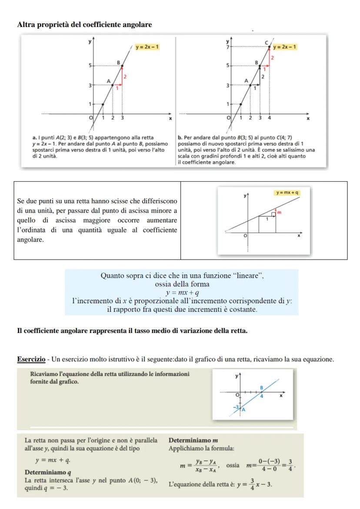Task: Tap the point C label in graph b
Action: click(x=267, y=41)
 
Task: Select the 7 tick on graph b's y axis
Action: click(x=227, y=46)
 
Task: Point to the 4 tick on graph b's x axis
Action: click(x=270, y=118)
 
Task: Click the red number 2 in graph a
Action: click(x=124, y=77)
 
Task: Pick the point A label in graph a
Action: click(x=109, y=80)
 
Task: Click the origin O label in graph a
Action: click(x=91, y=118)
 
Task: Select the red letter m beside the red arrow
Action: click(x=280, y=212)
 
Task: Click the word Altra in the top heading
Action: click(x=25, y=25)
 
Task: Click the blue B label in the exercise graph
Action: click(x=262, y=387)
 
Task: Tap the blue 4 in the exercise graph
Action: click(x=262, y=396)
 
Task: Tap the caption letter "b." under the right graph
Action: click(x=180, y=138)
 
